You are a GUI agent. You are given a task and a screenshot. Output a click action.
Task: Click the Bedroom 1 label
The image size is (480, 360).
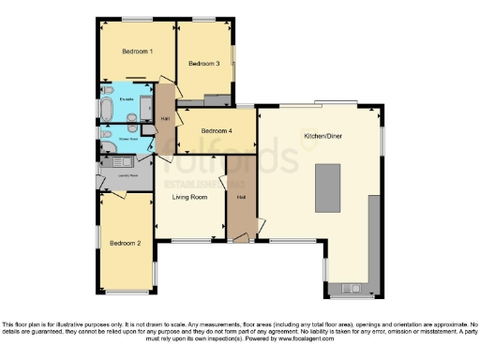137,52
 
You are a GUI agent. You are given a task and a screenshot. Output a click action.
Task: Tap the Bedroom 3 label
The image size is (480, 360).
203,64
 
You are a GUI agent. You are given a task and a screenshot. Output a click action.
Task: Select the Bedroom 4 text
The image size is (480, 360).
217,130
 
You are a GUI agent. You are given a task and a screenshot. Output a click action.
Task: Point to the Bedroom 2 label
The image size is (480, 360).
125,243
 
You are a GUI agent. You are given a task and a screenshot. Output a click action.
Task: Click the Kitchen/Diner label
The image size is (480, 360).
322,136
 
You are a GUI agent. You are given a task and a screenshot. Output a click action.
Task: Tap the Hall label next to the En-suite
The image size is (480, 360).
165,118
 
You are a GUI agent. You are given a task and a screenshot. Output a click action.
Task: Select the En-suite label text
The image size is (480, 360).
126,98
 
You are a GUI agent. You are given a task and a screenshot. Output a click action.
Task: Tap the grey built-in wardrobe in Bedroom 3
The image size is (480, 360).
217,99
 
